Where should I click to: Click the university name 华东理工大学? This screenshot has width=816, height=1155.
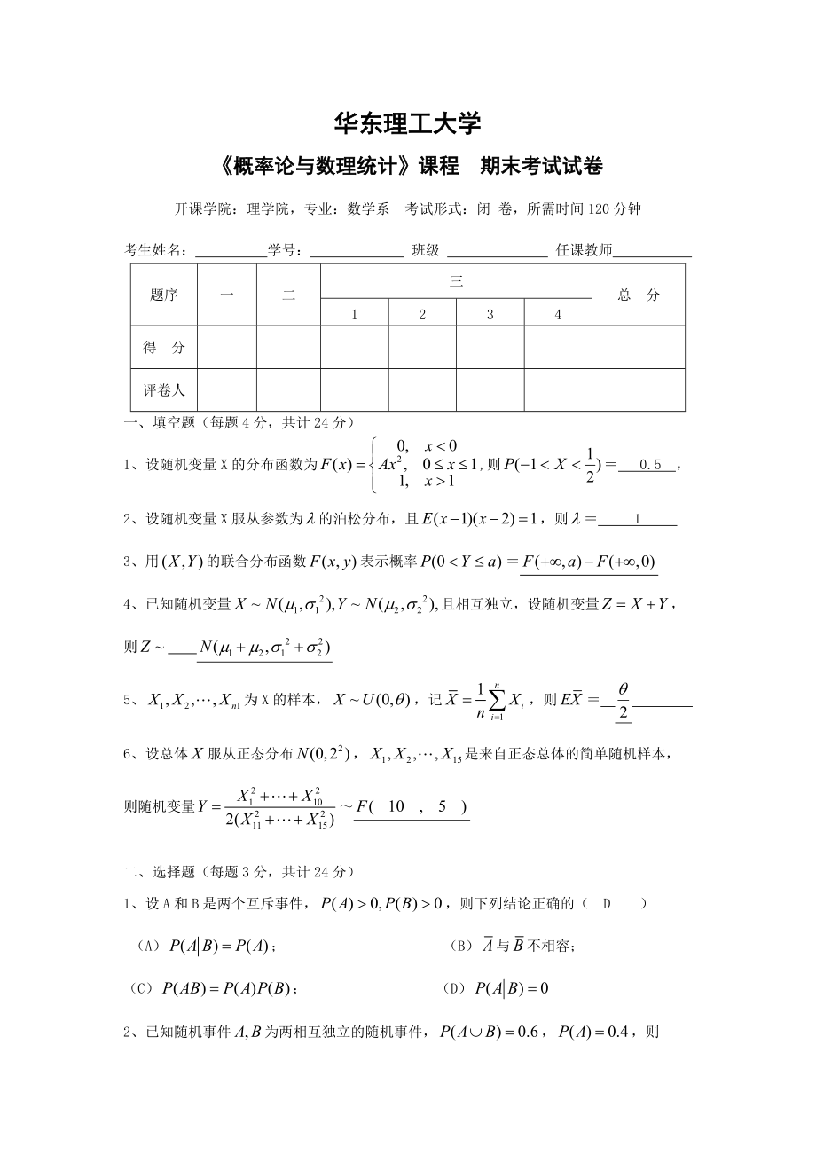pyautogui.click(x=409, y=122)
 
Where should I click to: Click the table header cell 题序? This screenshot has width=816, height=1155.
pyautogui.click(x=164, y=295)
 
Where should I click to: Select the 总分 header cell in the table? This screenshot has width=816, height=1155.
pyautogui.click(x=639, y=295)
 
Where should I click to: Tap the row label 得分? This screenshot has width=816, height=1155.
pyautogui.click(x=164, y=348)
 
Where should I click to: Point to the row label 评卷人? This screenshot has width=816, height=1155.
pyautogui.click(x=164, y=390)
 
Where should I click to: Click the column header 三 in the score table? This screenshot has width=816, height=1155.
pyautogui.click(x=456, y=282)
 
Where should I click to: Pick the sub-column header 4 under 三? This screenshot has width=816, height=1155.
pyautogui.click(x=558, y=314)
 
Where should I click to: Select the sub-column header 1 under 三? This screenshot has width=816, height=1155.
pyautogui.click(x=354, y=314)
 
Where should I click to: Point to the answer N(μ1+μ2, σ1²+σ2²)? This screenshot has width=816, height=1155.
pyautogui.click(x=264, y=648)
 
